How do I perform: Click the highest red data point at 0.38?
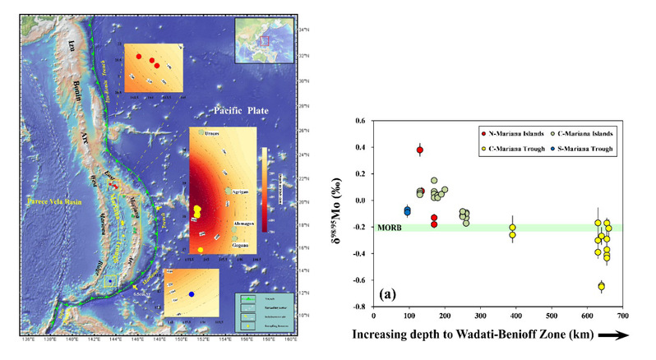tap(420, 150)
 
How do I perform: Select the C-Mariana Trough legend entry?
tap(511, 147)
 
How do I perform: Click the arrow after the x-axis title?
tap(618, 335)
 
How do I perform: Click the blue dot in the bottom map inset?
tap(191, 293)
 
